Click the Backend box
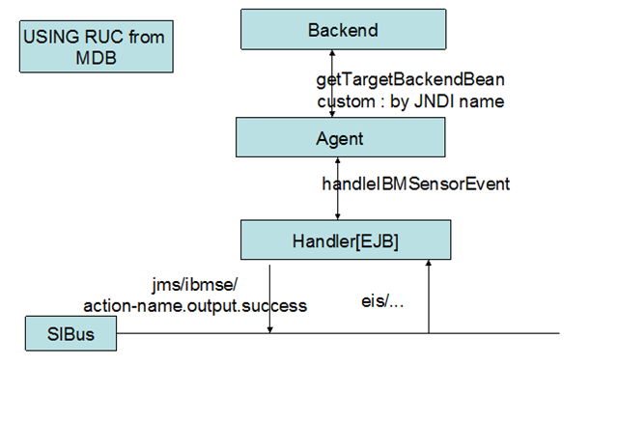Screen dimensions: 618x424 tap(344, 30)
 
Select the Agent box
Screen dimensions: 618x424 tap(341, 137)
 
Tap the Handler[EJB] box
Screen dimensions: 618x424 tap(346, 240)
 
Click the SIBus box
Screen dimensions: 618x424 tap(70, 333)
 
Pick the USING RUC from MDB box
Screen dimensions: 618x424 tap(97, 46)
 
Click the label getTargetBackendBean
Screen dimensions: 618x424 tap(410, 80)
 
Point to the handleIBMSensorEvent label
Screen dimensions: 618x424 tap(416, 184)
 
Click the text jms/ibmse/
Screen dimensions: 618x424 tap(195, 285)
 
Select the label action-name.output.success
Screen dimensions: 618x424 tap(195, 306)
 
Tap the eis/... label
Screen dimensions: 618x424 tap(382, 301)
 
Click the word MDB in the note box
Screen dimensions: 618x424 tap(97, 58)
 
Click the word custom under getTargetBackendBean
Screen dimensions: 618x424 tap(346, 101)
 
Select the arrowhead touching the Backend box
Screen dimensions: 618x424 tap(332, 52)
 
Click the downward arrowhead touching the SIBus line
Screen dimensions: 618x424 tap(270, 329)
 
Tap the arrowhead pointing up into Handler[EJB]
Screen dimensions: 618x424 tap(429, 263)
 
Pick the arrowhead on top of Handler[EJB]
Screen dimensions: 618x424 tap(337, 216)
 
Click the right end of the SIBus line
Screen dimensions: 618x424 tap(559, 333)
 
